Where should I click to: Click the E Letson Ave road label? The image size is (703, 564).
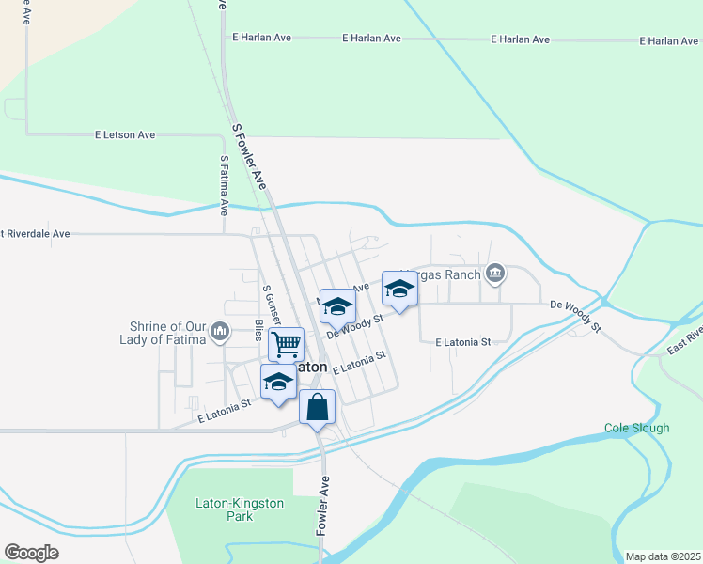[x=125, y=135]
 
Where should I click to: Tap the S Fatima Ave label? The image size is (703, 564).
[x=224, y=186]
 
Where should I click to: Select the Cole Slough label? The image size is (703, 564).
[x=636, y=429]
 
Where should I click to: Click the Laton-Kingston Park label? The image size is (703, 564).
[x=239, y=510]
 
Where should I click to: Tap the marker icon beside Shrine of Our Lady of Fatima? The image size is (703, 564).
[x=220, y=331]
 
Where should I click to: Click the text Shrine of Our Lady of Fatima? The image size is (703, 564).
[x=169, y=333]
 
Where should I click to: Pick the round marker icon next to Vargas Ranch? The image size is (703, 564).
[x=495, y=274]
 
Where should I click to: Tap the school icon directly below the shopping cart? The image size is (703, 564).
[x=277, y=382]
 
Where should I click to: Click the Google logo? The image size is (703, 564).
[x=31, y=553]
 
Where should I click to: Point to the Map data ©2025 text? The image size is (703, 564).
[x=663, y=556]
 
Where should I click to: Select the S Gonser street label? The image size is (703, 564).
[x=269, y=305]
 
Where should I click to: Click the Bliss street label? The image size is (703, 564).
[x=258, y=332]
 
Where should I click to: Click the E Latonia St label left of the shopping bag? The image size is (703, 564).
[x=223, y=402]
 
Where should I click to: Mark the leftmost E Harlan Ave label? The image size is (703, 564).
[x=262, y=38]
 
